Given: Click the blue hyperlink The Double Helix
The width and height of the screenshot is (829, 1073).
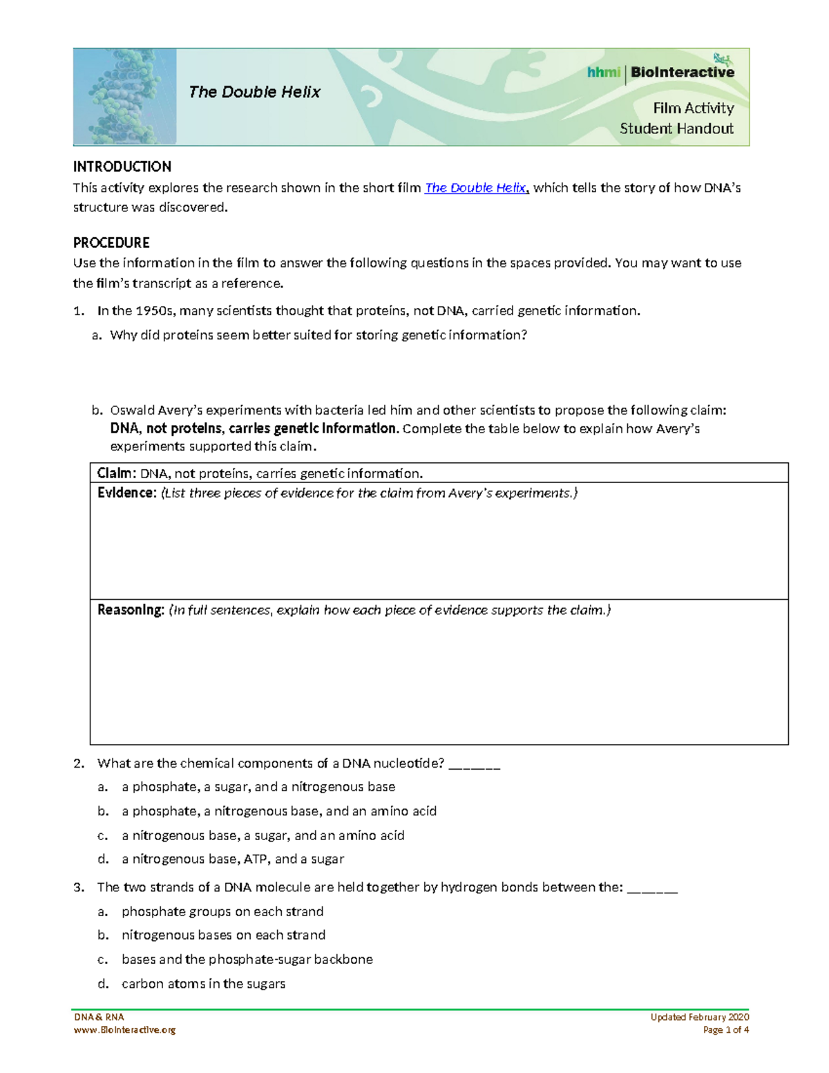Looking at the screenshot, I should [475, 188].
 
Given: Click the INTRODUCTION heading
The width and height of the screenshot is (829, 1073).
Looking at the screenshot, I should [122, 167].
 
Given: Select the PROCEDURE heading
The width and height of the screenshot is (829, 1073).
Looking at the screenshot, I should [111, 243].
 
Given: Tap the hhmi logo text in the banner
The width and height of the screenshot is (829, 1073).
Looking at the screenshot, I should [603, 73].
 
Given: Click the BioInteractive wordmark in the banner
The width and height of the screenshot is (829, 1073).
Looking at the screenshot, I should [682, 73].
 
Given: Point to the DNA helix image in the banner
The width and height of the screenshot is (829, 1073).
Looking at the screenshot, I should [125, 97].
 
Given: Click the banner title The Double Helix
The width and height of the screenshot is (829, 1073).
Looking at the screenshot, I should [254, 92].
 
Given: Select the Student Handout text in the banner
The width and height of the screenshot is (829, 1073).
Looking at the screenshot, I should [676, 129].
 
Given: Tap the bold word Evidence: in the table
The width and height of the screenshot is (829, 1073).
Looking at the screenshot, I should [127, 493].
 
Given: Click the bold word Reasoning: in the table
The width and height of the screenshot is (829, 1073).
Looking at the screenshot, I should [131, 610].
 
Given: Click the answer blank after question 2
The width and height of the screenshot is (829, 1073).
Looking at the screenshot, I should [475, 764].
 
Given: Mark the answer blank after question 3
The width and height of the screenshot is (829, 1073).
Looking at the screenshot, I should [652, 888].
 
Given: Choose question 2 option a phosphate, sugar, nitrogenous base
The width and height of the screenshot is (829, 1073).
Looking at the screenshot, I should [258, 787].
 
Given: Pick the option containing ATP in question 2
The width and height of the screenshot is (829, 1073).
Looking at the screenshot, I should [233, 860].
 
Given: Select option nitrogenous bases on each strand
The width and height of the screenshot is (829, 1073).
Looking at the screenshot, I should [223, 935].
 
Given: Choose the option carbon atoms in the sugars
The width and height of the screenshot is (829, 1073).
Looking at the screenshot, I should [203, 984].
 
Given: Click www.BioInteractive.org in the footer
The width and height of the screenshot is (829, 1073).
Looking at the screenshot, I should [124, 1029].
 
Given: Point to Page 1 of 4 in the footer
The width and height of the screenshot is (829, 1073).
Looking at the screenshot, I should [725, 1029].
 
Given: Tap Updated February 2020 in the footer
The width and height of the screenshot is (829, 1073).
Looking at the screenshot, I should [699, 1017].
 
